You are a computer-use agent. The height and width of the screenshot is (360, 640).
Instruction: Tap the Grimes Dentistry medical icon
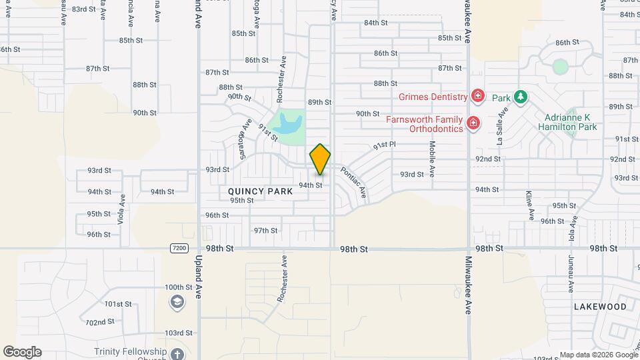click(477, 97)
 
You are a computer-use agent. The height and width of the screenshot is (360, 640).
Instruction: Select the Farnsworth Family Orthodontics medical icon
click(473, 123)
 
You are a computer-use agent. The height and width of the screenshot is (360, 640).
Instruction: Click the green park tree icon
click(520, 97)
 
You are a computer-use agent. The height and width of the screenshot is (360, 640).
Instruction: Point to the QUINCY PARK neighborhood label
click(257, 191)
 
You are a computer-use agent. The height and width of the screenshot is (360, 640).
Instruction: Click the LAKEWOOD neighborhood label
click(600, 307)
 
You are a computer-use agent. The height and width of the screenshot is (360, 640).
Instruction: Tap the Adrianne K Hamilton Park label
click(568, 121)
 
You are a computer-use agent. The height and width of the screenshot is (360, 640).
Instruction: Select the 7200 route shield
click(179, 249)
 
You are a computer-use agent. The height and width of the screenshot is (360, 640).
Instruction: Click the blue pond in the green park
click(291, 123)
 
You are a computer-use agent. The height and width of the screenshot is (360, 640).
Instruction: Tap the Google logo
click(22, 352)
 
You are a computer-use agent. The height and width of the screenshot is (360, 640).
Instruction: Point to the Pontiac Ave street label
click(353, 182)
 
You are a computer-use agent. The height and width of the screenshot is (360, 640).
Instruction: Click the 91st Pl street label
click(385, 145)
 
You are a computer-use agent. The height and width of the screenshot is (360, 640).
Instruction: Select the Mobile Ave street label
click(432, 158)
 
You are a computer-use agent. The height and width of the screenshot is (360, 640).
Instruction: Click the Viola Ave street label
click(122, 209)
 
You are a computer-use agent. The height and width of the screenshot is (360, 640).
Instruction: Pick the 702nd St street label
click(100, 322)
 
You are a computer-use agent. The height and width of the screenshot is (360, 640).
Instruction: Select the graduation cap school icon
click(177, 302)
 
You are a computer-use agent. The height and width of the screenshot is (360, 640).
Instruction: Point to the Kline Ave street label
click(529, 205)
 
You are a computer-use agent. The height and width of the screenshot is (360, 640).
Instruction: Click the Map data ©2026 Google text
click(598, 355)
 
